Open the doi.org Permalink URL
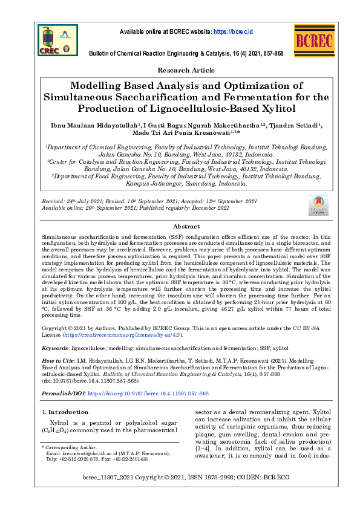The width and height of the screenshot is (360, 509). tap(148, 393)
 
